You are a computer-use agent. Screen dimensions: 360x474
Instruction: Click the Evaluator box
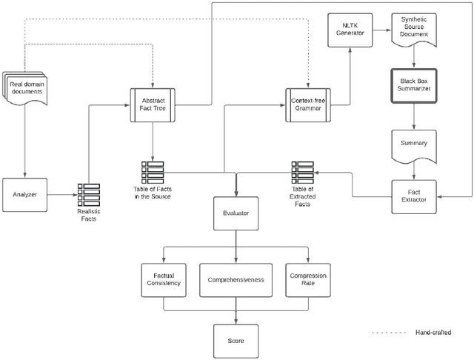236,213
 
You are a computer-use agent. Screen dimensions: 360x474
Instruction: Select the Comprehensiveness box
236,279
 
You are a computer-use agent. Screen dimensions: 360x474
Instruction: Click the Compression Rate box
307,279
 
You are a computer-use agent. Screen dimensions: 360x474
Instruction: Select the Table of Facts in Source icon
152,172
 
